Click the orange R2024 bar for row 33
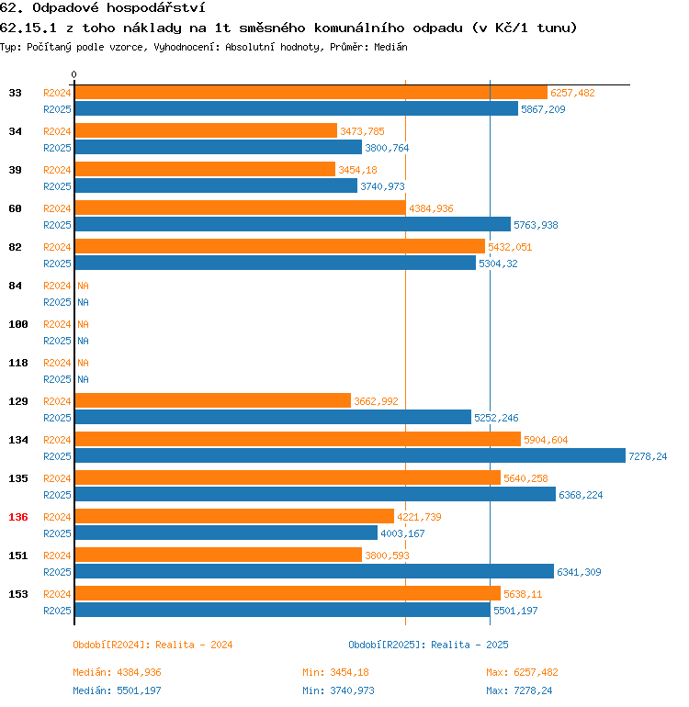point(311,93)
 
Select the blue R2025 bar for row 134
point(350,456)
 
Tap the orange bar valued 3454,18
point(205,170)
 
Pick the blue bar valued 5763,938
point(292,225)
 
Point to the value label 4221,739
point(417,517)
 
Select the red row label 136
point(18,517)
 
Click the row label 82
point(16,247)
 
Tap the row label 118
point(18,363)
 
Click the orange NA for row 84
point(83,286)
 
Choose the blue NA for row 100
point(83,341)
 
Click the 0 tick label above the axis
point(74,74)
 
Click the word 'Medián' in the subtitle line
point(390,46)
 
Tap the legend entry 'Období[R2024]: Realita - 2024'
point(152,645)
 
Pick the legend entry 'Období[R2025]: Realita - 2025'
point(428,645)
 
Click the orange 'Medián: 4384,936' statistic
point(117,672)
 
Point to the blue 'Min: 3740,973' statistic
point(338,690)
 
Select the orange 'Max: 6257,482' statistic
point(522,672)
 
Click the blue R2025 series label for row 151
point(57,572)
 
